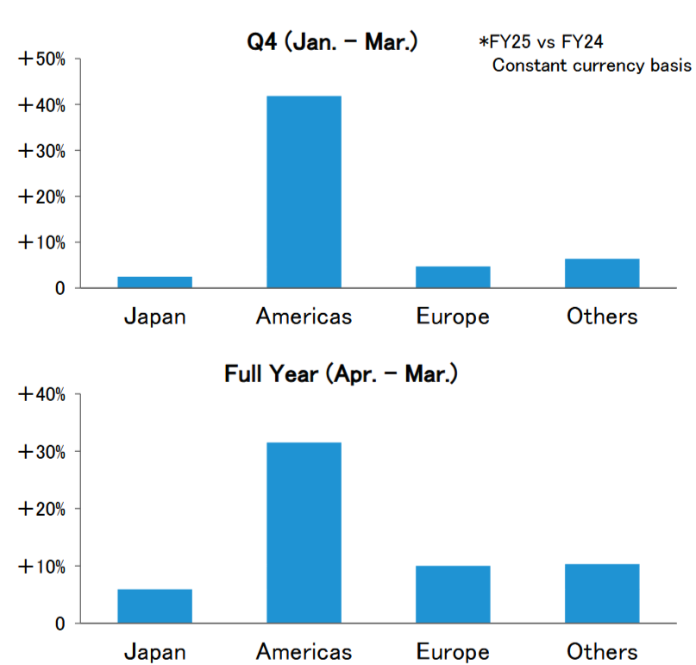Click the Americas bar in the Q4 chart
click(x=304, y=191)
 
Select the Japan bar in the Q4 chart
click(x=155, y=282)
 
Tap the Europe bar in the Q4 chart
click(x=453, y=277)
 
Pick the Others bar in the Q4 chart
click(x=602, y=273)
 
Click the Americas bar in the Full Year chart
click(x=304, y=533)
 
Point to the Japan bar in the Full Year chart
click(x=155, y=606)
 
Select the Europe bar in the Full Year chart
click(x=453, y=594)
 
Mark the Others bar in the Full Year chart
click(x=602, y=593)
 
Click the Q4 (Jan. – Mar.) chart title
click(x=332, y=42)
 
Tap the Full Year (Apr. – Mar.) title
click(x=341, y=373)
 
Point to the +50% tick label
click(x=41, y=59)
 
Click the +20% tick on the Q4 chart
click(x=41, y=197)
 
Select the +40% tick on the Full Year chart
click(x=41, y=394)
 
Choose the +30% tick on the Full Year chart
click(x=41, y=452)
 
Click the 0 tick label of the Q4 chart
click(x=60, y=289)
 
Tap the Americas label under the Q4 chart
click(x=304, y=317)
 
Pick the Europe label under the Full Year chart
click(x=453, y=652)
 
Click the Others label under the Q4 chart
click(x=602, y=317)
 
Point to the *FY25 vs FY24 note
click(x=541, y=42)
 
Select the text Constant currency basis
click(x=592, y=66)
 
